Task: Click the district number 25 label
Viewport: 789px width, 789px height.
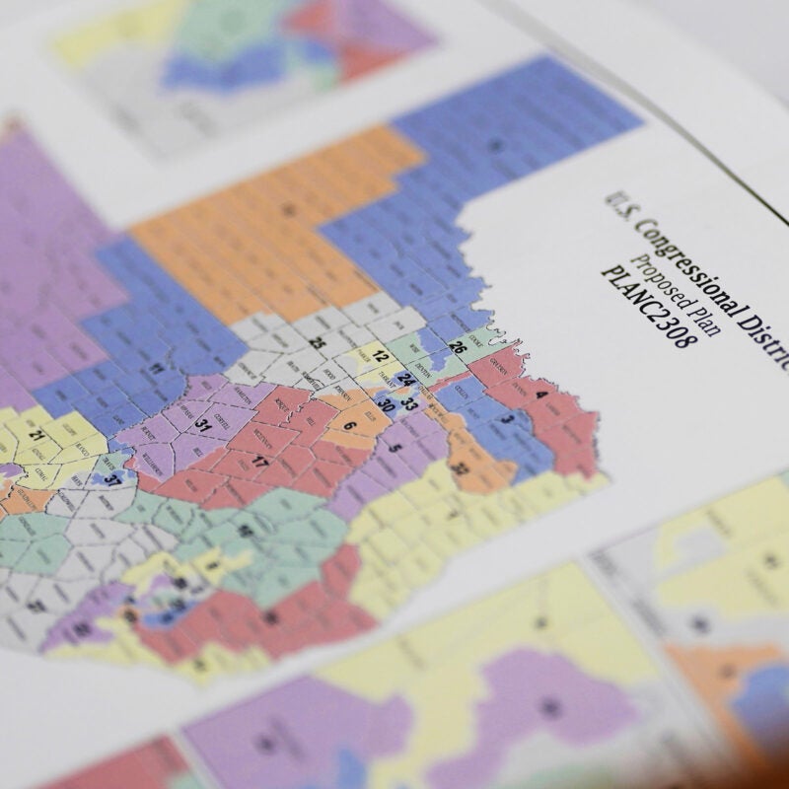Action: (318, 343)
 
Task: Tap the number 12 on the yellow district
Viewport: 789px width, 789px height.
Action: (380, 356)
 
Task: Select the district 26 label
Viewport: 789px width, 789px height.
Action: (457, 347)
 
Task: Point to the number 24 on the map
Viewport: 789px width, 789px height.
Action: (405, 380)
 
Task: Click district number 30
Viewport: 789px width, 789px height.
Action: (387, 404)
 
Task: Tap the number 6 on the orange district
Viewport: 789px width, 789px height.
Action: (349, 426)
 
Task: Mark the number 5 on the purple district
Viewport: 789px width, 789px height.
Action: (395, 448)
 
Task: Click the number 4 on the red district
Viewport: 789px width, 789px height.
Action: (539, 394)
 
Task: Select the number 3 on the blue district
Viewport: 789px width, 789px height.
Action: (507, 419)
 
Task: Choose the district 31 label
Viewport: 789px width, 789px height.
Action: (201, 424)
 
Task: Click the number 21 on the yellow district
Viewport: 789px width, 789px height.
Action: (37, 435)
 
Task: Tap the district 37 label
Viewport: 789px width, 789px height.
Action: (114, 480)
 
